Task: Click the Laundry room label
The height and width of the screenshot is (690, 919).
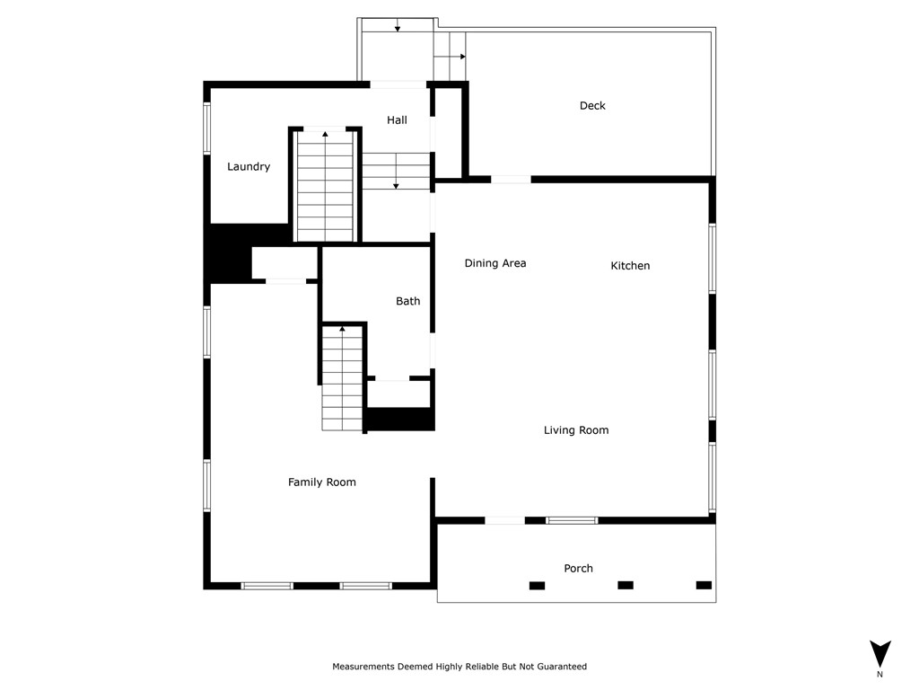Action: click(249, 167)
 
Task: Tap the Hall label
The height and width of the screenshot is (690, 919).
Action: click(397, 120)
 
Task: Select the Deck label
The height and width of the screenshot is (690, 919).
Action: click(592, 106)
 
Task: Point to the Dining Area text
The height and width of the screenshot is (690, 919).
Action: click(495, 263)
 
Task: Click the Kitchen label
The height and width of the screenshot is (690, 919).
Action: click(630, 266)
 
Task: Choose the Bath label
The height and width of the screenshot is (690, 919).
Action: click(407, 301)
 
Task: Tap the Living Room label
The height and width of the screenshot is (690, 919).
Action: click(576, 430)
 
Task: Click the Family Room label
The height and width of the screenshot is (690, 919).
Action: click(321, 482)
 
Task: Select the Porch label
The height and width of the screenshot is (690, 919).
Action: click(578, 568)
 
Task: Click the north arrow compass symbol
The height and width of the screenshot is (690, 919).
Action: click(880, 652)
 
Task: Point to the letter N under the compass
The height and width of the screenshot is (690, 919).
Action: click(880, 674)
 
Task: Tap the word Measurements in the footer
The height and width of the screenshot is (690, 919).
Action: click(363, 667)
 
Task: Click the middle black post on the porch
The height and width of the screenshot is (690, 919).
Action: click(626, 585)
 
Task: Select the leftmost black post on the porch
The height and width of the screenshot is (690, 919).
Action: click(537, 586)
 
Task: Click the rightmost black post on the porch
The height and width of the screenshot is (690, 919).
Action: click(704, 585)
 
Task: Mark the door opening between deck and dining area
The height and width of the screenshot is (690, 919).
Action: click(510, 180)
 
